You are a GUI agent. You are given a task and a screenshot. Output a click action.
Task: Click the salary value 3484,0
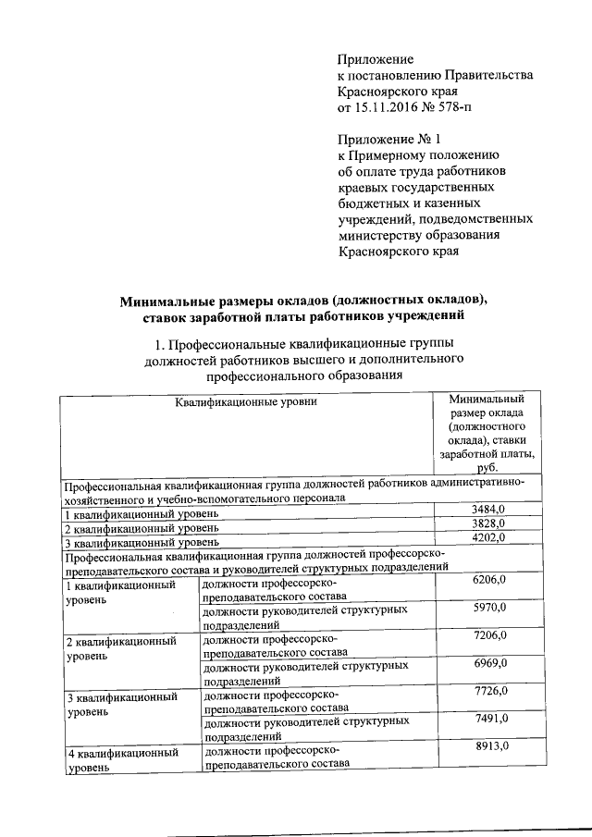coord(489,511)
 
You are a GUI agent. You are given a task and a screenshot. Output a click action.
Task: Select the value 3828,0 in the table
coord(489,523)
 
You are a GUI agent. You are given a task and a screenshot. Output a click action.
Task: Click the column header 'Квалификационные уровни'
coord(247,402)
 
